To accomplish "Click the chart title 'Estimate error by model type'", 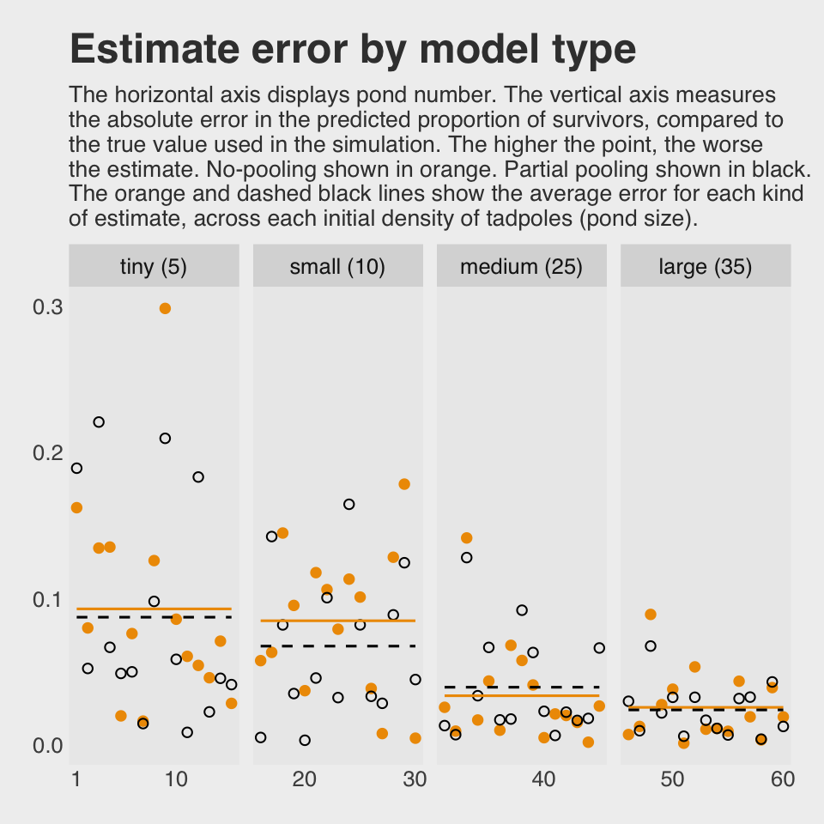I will click(352, 50).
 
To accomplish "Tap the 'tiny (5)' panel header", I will click(154, 267).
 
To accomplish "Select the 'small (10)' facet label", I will click(337, 267).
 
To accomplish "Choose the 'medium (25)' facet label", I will click(521, 267).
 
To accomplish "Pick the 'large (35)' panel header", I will click(705, 267).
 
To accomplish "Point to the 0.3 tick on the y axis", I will click(47, 307).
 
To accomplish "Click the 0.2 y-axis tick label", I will click(47, 453).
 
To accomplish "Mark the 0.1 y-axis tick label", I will click(47, 599).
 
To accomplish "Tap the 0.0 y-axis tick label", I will click(47, 745).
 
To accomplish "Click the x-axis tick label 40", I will click(543, 779).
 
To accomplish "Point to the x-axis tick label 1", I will click(76, 779).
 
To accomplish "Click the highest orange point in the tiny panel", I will click(165, 308).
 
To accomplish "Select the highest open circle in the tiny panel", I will click(99, 421).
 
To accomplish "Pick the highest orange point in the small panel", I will click(404, 484).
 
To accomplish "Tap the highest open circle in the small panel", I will click(348, 504).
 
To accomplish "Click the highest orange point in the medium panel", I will click(467, 538).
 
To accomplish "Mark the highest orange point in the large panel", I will click(651, 614).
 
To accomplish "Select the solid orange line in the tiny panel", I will click(154, 609).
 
